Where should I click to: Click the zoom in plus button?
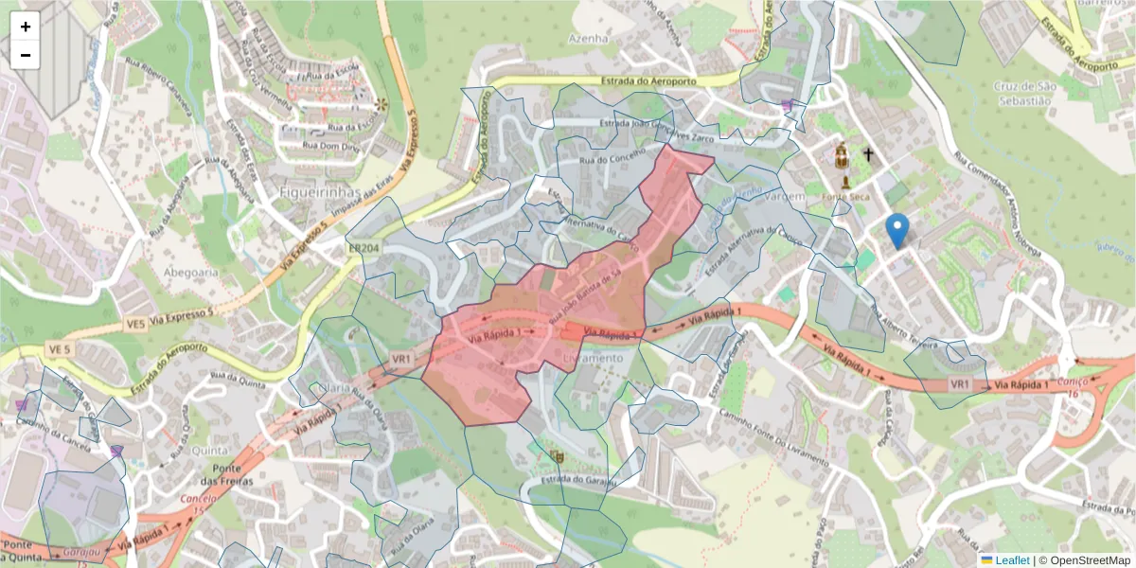click(26, 27)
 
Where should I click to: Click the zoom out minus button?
click(26, 55)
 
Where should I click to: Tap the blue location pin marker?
click(896, 230)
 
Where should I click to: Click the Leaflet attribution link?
click(1011, 560)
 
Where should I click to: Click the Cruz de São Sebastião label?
click(1022, 93)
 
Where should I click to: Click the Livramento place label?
click(594, 358)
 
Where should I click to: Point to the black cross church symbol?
click(868, 153)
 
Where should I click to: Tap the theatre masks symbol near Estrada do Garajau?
click(557, 456)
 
